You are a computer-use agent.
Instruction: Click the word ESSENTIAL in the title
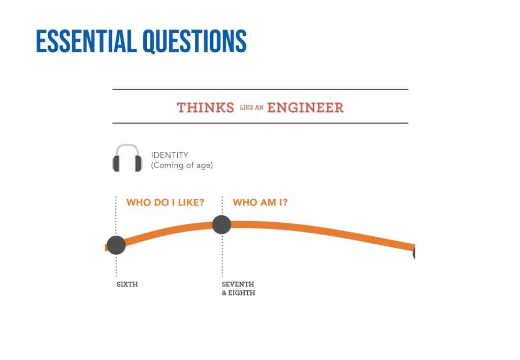point(86,41)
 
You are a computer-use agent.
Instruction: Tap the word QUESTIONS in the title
point(194,42)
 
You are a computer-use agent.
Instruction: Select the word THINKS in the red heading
point(206,108)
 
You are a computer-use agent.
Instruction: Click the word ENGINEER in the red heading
point(305,108)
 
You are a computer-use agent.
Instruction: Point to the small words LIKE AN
point(252,108)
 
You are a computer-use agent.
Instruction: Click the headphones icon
point(127,158)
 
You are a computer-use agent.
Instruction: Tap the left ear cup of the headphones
point(116,163)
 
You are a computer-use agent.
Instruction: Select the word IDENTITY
point(170,155)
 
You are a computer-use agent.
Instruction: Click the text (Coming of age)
point(182,165)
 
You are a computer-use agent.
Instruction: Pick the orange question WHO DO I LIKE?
point(166,202)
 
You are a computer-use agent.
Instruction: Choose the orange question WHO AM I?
point(261,202)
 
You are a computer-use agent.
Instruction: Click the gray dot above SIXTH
point(116,245)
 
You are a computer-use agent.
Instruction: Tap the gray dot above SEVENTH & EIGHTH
point(221,224)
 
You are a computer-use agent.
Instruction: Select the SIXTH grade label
point(127,284)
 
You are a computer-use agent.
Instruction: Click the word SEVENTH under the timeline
point(238,284)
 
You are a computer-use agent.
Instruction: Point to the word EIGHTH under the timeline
point(242,293)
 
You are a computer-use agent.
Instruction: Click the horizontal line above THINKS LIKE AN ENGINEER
point(261,89)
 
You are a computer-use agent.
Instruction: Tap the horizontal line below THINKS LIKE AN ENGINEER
point(261,123)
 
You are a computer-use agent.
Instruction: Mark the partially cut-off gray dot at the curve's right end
point(414,253)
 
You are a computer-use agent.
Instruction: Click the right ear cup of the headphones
point(139,163)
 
